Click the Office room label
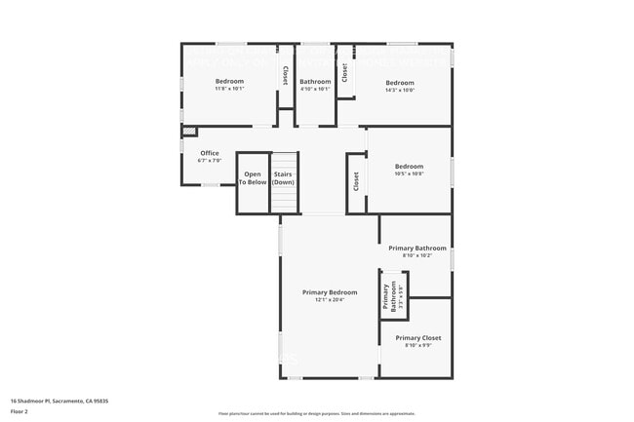click(210, 153)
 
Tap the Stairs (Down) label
click(283, 178)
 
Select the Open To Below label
click(253, 178)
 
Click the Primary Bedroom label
click(330, 292)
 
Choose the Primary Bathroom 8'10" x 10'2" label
click(417, 249)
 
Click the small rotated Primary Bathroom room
click(393, 294)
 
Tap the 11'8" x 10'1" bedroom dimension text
click(229, 89)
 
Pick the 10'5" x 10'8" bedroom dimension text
click(409, 173)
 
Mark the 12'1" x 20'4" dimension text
click(330, 299)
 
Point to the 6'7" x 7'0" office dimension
click(210, 161)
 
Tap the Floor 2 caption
click(20, 411)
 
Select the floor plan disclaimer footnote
click(316, 413)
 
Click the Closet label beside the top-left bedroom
click(285, 74)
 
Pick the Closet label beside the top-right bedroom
click(345, 71)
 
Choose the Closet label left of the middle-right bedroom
click(356, 180)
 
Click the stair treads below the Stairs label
click(283, 199)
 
